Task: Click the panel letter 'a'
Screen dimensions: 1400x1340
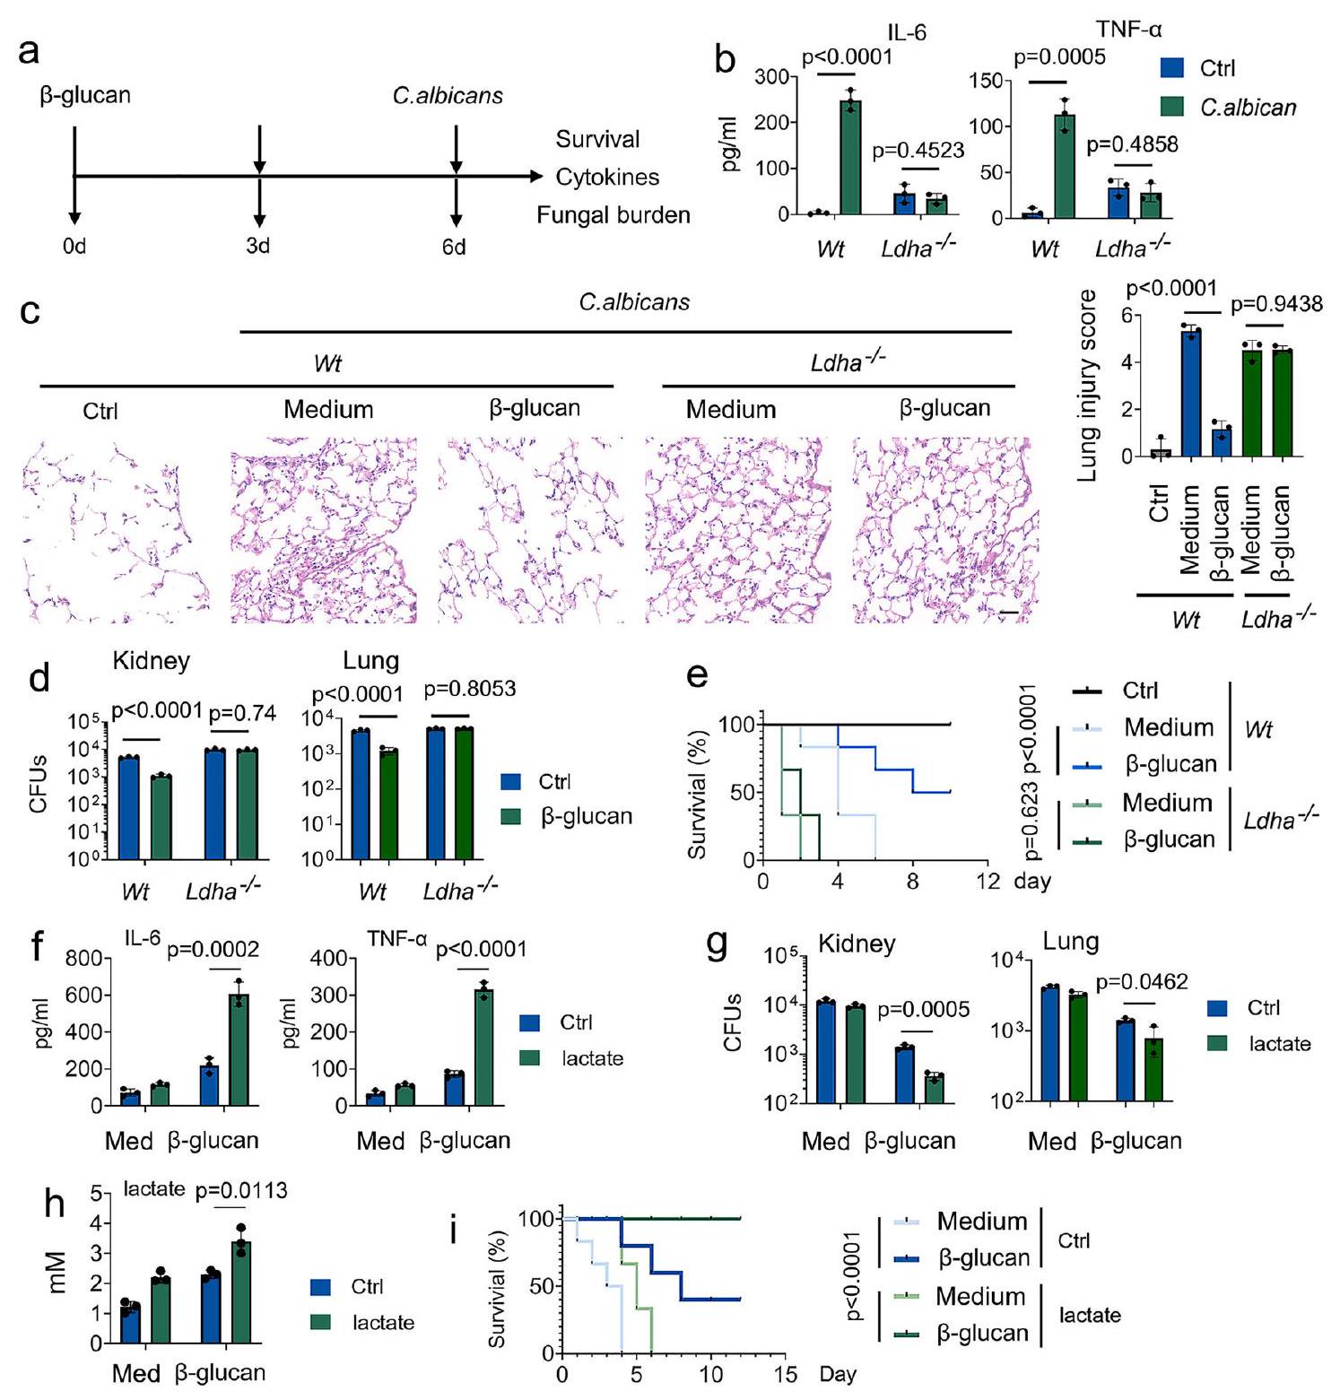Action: [29, 51]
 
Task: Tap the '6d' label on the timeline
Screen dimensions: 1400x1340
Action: [454, 247]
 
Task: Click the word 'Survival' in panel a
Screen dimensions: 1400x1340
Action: [597, 139]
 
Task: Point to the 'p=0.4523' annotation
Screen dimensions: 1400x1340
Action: [918, 151]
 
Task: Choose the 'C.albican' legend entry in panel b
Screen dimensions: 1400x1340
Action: [1248, 108]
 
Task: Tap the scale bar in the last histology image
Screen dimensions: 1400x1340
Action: [1008, 613]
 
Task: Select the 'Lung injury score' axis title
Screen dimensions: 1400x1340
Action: [1087, 386]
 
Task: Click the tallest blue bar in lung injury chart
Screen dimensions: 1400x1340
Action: [1191, 394]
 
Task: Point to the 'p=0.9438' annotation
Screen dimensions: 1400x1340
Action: [1275, 305]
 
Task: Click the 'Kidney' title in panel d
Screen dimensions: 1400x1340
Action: [151, 661]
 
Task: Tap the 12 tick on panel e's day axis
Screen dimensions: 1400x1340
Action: [988, 881]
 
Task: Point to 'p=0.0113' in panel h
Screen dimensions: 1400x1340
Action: [241, 1190]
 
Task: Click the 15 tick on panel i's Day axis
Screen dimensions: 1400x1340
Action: [786, 1374]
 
